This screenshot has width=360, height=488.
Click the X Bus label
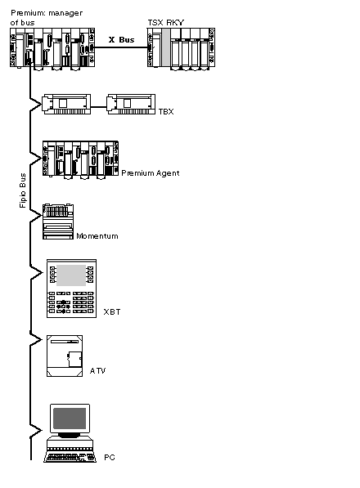click(x=121, y=40)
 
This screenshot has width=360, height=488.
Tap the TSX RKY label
click(x=165, y=23)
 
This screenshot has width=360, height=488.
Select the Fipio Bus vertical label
click(x=22, y=190)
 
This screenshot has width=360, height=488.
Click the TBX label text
click(x=166, y=111)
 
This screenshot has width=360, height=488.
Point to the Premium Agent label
click(x=150, y=173)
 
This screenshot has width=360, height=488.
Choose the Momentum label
click(x=97, y=236)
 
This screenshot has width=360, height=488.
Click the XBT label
click(x=112, y=311)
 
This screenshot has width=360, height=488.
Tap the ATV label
click(x=97, y=370)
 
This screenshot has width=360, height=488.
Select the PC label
click(x=110, y=457)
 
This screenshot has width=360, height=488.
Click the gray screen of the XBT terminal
click(x=71, y=275)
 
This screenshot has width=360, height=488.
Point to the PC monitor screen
click(x=70, y=419)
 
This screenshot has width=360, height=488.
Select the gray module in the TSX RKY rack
click(x=166, y=47)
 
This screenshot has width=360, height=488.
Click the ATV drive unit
click(x=65, y=356)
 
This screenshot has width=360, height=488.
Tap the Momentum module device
click(x=58, y=222)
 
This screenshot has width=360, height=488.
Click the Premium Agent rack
click(x=80, y=160)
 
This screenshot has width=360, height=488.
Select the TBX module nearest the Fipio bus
click(x=66, y=105)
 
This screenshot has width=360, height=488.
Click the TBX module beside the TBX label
click(x=131, y=105)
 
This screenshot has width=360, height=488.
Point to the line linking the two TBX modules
click(x=99, y=107)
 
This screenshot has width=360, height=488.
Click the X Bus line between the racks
click(x=121, y=47)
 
